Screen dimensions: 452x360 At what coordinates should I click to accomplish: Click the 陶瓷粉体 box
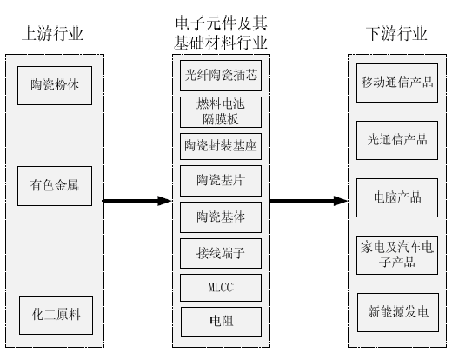pyautogui.click(x=55, y=85)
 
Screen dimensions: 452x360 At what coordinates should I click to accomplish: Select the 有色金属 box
pyautogui.click(x=55, y=186)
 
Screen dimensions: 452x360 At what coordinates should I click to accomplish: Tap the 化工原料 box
pyautogui.click(x=56, y=315)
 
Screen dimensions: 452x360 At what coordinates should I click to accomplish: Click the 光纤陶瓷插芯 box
pyautogui.click(x=221, y=76)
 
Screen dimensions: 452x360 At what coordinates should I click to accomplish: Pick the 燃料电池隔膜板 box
pyautogui.click(x=221, y=112)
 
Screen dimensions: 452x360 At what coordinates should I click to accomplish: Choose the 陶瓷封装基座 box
pyautogui.click(x=221, y=146)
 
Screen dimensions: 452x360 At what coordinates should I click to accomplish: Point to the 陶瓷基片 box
pyautogui.click(x=221, y=181)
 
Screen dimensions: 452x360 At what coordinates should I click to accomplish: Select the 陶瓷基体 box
pyautogui.click(x=221, y=217)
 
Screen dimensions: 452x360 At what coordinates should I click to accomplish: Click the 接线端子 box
pyautogui.click(x=221, y=253)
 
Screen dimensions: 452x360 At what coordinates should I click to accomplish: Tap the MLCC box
pyautogui.click(x=221, y=288)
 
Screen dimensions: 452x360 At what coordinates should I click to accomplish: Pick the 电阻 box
pyautogui.click(x=221, y=322)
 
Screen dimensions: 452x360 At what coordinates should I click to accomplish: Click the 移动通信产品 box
pyautogui.click(x=397, y=83)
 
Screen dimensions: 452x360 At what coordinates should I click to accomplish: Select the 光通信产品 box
pyautogui.click(x=397, y=140)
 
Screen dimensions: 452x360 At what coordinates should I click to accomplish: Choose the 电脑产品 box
pyautogui.click(x=397, y=197)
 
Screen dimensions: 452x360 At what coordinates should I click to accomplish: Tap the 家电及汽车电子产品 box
pyautogui.click(x=397, y=255)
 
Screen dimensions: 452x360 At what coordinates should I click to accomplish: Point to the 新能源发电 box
pyautogui.click(x=398, y=312)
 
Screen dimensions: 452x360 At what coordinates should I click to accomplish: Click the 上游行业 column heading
pyautogui.click(x=53, y=33)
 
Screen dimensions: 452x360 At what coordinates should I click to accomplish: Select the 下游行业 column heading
pyautogui.click(x=396, y=33)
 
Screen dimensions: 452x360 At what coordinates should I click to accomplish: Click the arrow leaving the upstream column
pyautogui.click(x=137, y=201)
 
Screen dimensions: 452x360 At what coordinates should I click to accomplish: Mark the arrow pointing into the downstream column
pyautogui.click(x=309, y=201)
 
